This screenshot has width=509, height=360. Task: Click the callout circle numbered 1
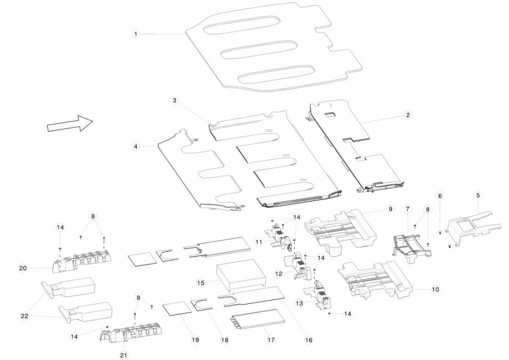coord(136,34)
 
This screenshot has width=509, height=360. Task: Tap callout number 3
coord(174,100)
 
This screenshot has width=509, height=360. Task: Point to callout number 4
coord(136,147)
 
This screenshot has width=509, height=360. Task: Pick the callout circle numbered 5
coord(478,195)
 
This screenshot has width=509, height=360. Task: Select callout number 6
coord(440,196)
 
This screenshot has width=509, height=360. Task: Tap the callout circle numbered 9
coord(390,209)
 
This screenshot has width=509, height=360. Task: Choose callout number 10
coord(435,289)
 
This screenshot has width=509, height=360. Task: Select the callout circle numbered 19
coord(195,340)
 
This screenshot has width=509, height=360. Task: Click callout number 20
coord(23,268)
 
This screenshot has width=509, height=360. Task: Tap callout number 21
coord(123,355)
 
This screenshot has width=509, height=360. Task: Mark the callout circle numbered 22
coord(25,316)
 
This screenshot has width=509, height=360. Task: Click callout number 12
coord(279,273)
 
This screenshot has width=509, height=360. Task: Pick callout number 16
coord(309,340)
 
